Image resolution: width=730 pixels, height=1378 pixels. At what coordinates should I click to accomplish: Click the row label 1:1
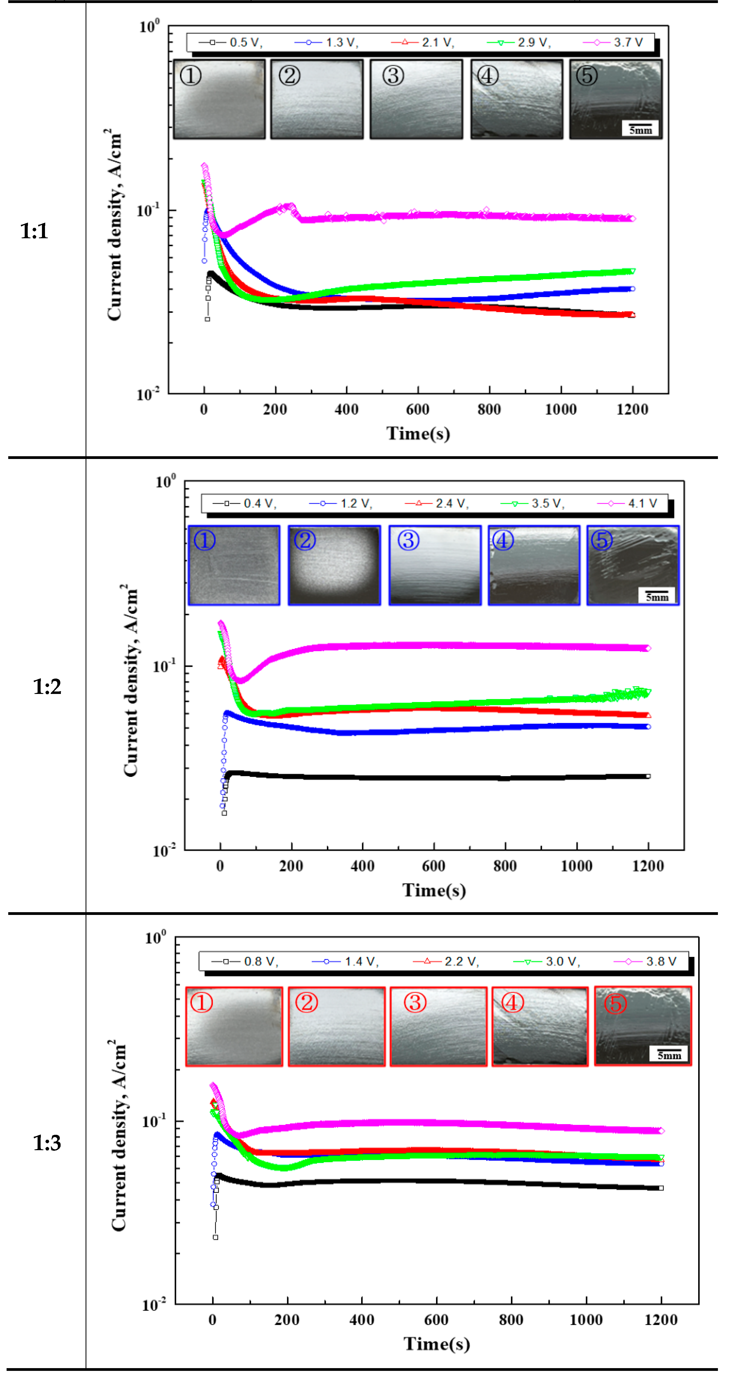[34, 231]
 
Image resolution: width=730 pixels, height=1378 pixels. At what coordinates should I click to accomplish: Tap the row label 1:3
[47, 1143]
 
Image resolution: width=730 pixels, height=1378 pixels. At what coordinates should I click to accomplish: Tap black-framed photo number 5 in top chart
[615, 100]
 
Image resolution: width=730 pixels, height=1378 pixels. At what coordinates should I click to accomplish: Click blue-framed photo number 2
[334, 565]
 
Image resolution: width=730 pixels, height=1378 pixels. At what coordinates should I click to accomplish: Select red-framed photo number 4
[539, 1027]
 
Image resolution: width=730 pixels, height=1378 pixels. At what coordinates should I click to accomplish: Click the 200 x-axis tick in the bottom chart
[287, 1320]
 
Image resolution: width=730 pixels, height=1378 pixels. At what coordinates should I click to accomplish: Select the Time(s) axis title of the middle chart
[434, 890]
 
